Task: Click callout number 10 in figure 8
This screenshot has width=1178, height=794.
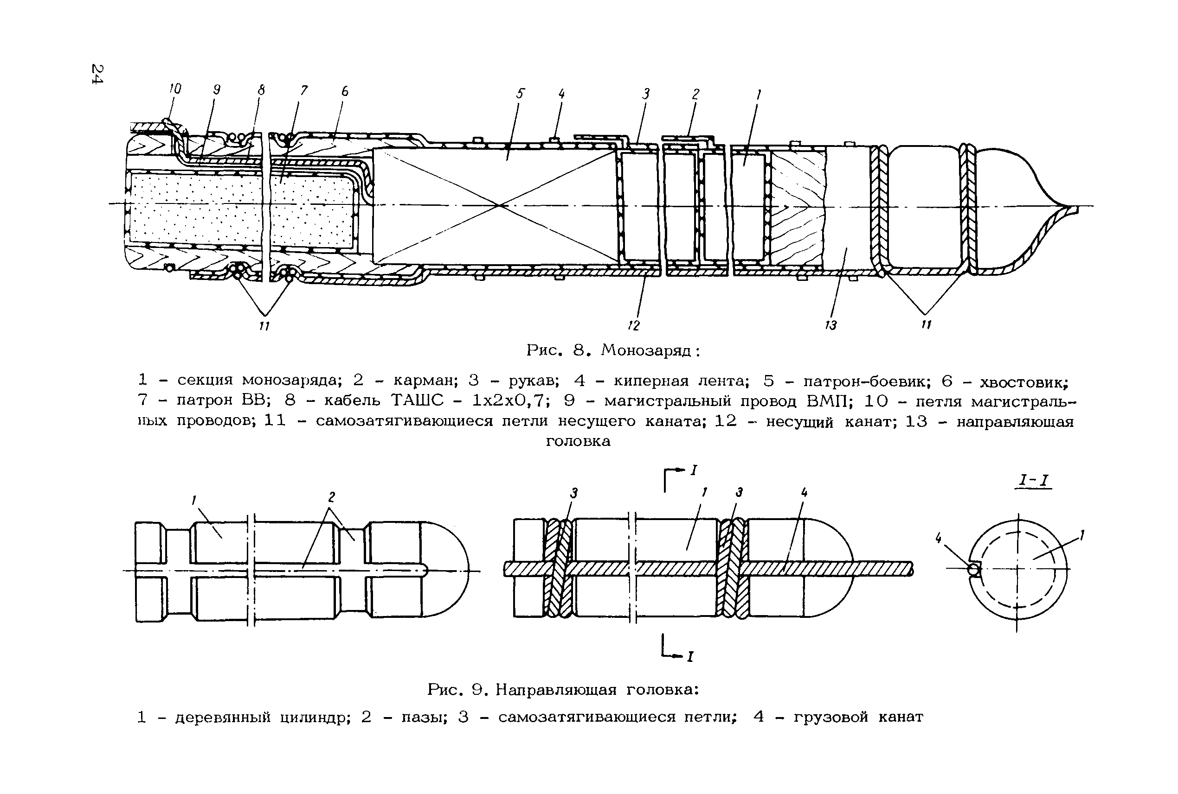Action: [175, 89]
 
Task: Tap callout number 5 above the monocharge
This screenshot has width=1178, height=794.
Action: [521, 94]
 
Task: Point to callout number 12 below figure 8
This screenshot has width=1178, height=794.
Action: [634, 325]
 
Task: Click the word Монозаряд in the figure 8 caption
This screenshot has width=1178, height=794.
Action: [646, 350]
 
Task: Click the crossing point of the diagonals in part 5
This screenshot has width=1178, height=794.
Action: [500, 205]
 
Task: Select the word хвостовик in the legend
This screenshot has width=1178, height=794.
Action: [1024, 380]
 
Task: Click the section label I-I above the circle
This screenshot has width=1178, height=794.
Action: [1034, 481]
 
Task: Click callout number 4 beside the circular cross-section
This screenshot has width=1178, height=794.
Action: [938, 539]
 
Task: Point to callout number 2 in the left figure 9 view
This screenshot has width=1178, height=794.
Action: [332, 497]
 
